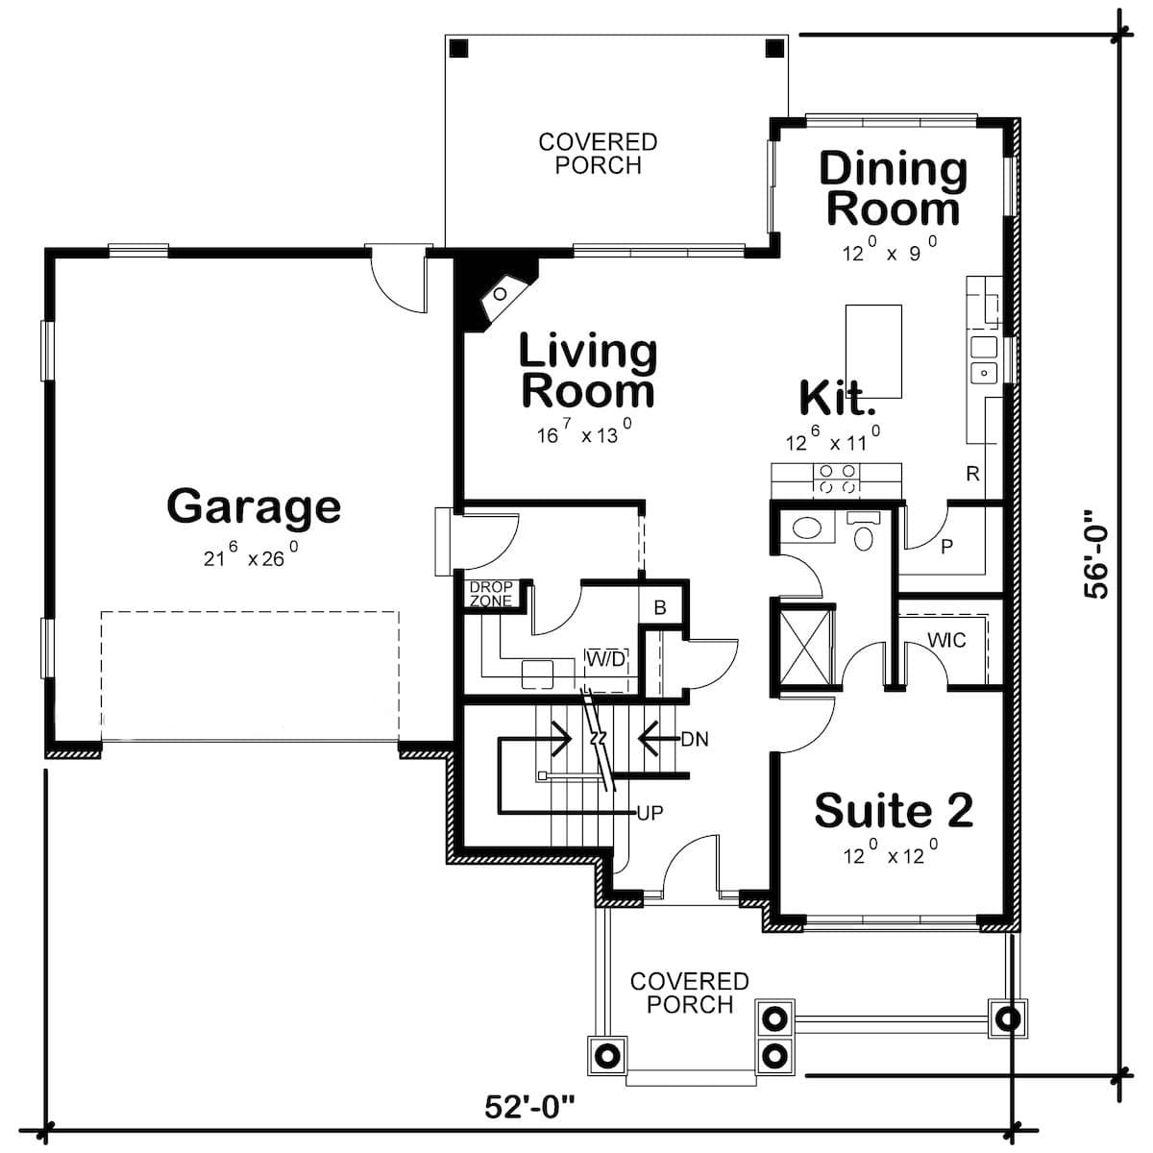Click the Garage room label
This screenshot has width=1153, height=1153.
pyautogui.click(x=254, y=506)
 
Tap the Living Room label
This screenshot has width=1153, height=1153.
pyautogui.click(x=587, y=372)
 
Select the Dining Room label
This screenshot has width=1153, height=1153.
pyautogui.click(x=893, y=189)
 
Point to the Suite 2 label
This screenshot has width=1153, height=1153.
pyautogui.click(x=894, y=811)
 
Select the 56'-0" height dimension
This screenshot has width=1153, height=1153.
pyautogui.click(x=1096, y=560)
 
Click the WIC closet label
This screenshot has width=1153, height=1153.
pyautogui.click(x=946, y=640)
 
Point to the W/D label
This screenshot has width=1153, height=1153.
pyautogui.click(x=606, y=659)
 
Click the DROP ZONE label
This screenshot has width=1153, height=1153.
pyautogui.click(x=491, y=594)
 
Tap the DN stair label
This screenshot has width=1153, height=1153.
pyautogui.click(x=695, y=740)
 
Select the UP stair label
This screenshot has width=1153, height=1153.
pyautogui.click(x=650, y=813)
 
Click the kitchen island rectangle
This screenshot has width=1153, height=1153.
pyautogui.click(x=873, y=351)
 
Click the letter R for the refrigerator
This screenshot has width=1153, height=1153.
pyautogui.click(x=972, y=474)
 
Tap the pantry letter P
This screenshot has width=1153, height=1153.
pyautogui.click(x=946, y=547)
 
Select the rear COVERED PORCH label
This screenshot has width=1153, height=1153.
pyautogui.click(x=598, y=154)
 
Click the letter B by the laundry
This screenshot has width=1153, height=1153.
pyautogui.click(x=660, y=608)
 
